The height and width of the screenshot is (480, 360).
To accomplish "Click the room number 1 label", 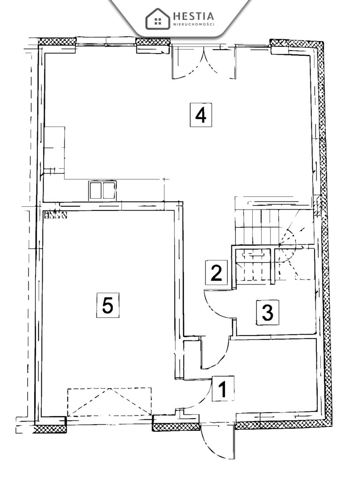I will pyautogui.click(x=223, y=390).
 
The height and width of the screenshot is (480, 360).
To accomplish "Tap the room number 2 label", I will pyautogui.click(x=216, y=273).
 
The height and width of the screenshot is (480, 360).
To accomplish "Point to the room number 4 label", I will pyautogui.click(x=201, y=115).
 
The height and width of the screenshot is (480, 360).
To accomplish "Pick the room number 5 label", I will pyautogui.click(x=107, y=306).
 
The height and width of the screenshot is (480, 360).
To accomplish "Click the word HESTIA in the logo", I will pyautogui.click(x=194, y=16).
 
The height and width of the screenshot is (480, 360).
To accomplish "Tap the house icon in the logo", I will pyautogui.click(x=158, y=19).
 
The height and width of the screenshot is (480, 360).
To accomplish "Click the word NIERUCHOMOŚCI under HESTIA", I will pyautogui.click(x=194, y=24).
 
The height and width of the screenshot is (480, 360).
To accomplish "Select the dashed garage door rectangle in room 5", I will pyautogui.click(x=110, y=402).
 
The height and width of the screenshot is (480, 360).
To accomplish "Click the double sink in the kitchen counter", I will pyautogui.click(x=102, y=190).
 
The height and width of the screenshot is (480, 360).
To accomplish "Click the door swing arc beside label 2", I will pyautogui.click(x=218, y=305).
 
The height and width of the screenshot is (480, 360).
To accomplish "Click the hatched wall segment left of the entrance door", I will pyautogui.click(x=176, y=426).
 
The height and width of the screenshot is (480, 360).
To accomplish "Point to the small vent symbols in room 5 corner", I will pyautogui.click(x=55, y=215).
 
